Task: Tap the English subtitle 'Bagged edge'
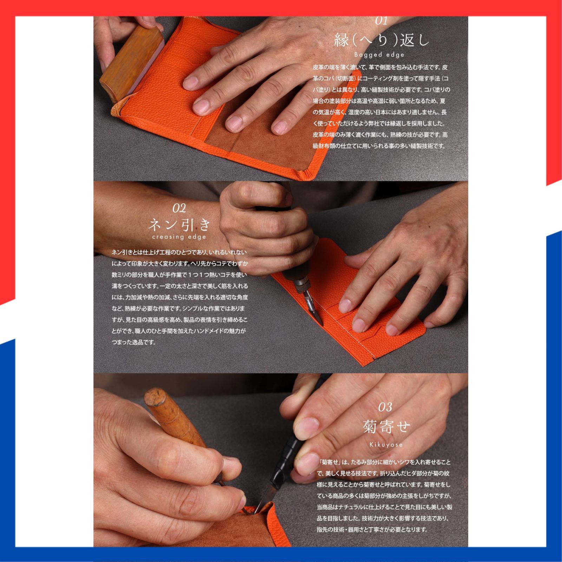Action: [x=379, y=55]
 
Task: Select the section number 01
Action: [x=381, y=21]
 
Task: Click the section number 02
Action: [x=179, y=208]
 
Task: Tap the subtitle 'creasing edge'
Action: [x=179, y=237]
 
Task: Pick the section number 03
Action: [x=385, y=407]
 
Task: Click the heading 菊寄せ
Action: [x=386, y=427]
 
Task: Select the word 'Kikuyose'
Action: [x=386, y=445]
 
